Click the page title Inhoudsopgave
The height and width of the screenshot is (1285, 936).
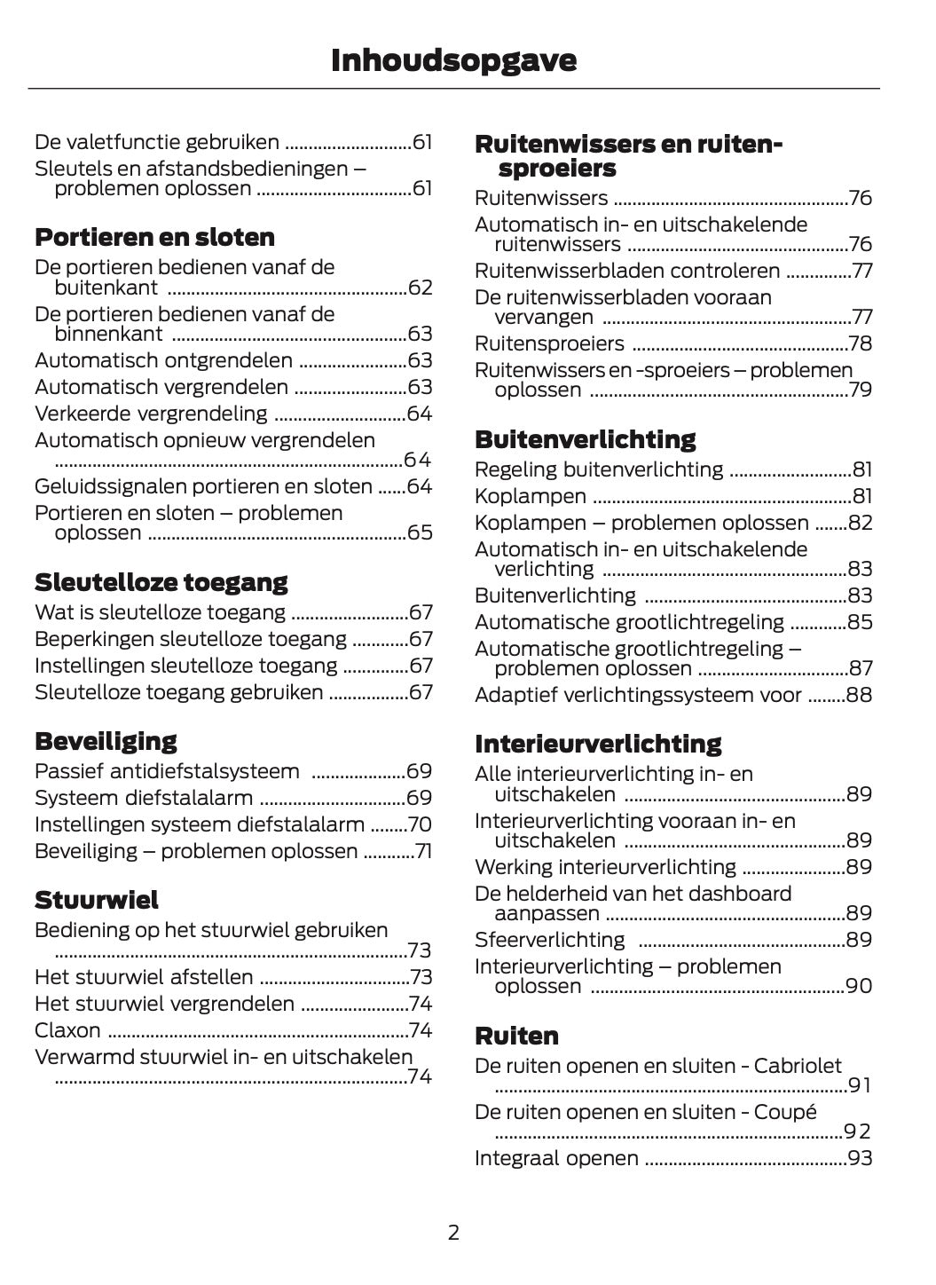click(453, 60)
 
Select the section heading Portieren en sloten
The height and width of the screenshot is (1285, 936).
click(154, 237)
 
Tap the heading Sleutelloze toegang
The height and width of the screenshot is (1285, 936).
click(161, 582)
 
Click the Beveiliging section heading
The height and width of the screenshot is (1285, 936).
click(106, 740)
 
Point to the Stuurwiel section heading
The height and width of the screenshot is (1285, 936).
click(97, 900)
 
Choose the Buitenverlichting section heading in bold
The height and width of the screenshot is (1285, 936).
click(585, 439)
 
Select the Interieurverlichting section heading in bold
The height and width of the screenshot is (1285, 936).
click(598, 743)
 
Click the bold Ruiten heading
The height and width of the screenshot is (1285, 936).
click(516, 1036)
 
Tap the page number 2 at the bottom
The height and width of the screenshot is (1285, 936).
click(453, 1232)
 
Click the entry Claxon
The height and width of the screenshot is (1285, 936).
click(67, 1030)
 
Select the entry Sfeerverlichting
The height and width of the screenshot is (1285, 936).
click(550, 940)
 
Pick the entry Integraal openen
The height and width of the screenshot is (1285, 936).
click(556, 1158)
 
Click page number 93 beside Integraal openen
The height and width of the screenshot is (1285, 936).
click(860, 1158)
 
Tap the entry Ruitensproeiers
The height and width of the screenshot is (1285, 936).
click(549, 343)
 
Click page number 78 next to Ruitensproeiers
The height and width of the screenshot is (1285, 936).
click(860, 343)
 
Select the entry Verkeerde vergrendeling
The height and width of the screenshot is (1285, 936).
click(151, 414)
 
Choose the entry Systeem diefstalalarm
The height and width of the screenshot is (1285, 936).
click(144, 798)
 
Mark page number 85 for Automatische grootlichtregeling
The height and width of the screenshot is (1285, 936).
click(860, 622)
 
